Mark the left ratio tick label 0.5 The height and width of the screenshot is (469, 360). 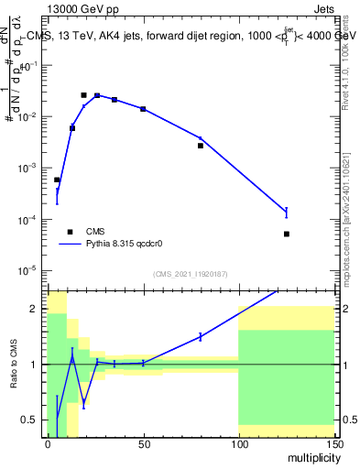pos(32,420)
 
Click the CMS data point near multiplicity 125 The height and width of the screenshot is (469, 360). pos(287,234)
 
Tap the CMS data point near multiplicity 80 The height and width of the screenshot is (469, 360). pos(201,146)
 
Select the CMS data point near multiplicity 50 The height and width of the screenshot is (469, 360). pos(143,109)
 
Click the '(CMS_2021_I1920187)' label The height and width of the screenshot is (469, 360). pos(190,274)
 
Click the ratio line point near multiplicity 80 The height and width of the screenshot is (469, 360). pos(201,337)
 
